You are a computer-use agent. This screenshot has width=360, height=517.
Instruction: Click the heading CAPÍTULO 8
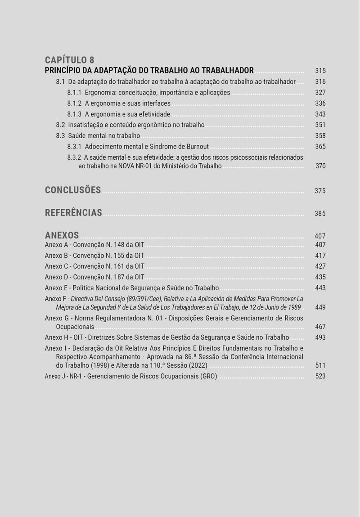click(x=70, y=60)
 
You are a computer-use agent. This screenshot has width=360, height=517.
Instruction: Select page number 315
click(x=320, y=71)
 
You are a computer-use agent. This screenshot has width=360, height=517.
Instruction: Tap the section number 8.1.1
click(x=74, y=93)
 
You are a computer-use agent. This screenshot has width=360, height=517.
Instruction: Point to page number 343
click(x=320, y=114)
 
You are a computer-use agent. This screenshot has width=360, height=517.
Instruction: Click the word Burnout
click(x=198, y=147)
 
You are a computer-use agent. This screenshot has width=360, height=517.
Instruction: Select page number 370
click(x=320, y=166)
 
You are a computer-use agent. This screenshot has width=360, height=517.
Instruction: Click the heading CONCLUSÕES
click(x=73, y=190)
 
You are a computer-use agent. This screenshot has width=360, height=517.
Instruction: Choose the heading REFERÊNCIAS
click(x=73, y=213)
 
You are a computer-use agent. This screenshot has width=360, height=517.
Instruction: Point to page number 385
click(x=320, y=214)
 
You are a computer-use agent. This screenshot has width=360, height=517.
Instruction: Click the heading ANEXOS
click(x=62, y=235)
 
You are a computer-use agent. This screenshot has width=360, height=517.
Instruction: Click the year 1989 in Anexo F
click(x=292, y=307)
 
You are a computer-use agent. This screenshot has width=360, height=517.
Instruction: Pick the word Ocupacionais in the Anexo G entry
click(x=75, y=327)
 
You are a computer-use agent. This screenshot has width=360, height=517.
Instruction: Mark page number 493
click(x=320, y=337)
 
